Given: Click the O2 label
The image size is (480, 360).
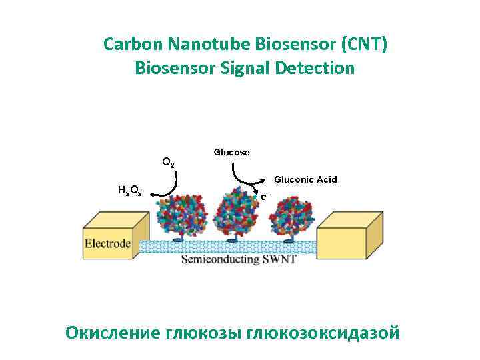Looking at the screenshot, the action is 169,162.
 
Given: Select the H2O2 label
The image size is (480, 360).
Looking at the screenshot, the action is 129,191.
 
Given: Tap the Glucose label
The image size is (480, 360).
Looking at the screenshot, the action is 231,152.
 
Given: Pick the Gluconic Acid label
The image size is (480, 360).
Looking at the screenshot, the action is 306,179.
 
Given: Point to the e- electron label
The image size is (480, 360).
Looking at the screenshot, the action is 265,197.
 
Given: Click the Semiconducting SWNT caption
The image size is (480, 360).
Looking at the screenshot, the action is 239,259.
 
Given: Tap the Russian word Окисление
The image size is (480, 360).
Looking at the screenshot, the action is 113,331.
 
